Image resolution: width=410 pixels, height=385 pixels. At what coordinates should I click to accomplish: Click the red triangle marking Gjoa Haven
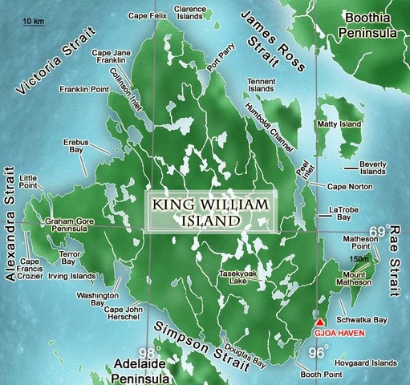coord(320,319)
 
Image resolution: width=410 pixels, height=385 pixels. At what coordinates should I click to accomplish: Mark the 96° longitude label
coord(319,351)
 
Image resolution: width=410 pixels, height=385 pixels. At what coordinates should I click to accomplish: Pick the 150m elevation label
coord(359,259)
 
